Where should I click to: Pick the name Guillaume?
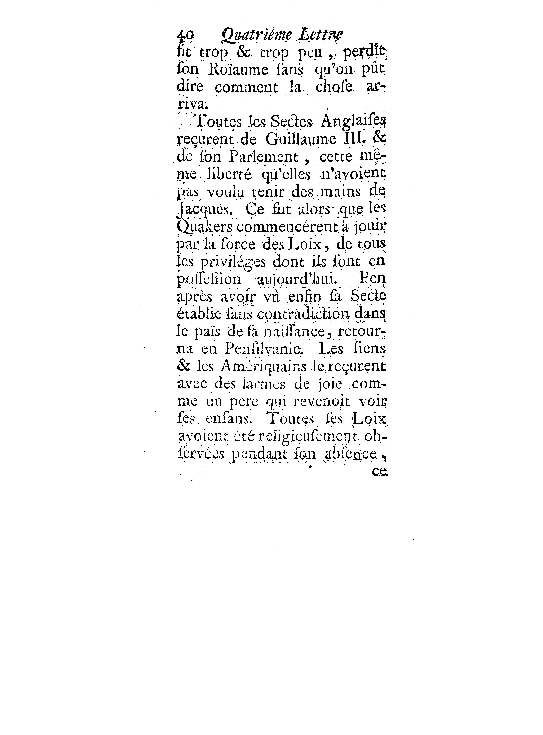300,140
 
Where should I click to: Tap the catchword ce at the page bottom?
380,472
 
